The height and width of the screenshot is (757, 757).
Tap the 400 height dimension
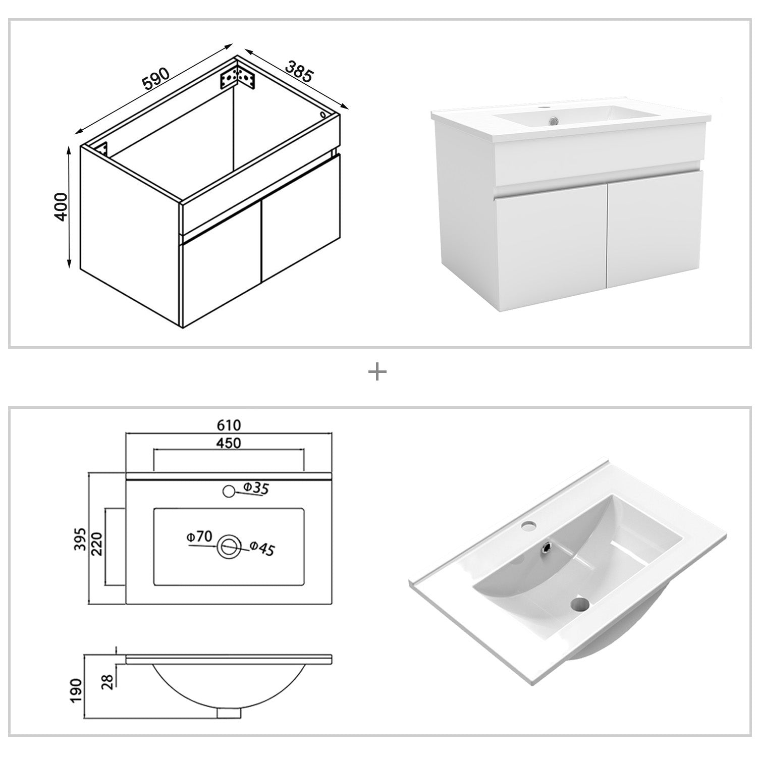tap(61, 206)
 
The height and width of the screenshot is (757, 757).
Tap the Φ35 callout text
tap(256, 488)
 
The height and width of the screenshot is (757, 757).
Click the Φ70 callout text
tap(198, 537)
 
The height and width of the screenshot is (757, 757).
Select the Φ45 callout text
tap(262, 549)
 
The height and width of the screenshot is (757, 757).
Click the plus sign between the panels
tap(377, 373)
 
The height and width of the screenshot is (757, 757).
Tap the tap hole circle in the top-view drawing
tap(229, 490)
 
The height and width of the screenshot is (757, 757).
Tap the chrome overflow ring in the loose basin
tap(546, 546)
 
